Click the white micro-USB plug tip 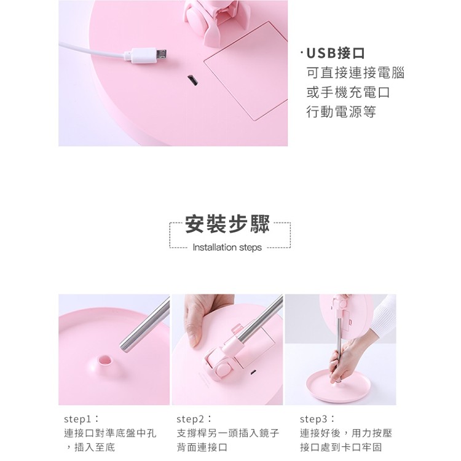click(161, 55)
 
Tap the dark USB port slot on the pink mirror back click(192, 81)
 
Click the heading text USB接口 click(336, 53)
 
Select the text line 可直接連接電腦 click(355, 73)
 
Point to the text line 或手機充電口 click(348, 92)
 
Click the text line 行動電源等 click(341, 112)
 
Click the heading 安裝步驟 click(227, 224)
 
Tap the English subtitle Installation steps click(227, 247)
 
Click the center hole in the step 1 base click(105, 360)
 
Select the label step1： click(81, 419)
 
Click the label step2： click(194, 419)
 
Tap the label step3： click(317, 419)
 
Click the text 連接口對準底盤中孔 click(110, 433)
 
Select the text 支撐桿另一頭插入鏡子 click(228, 433)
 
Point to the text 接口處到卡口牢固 click(341, 447)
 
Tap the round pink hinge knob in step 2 click(224, 370)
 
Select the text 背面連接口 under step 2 click(202, 447)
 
